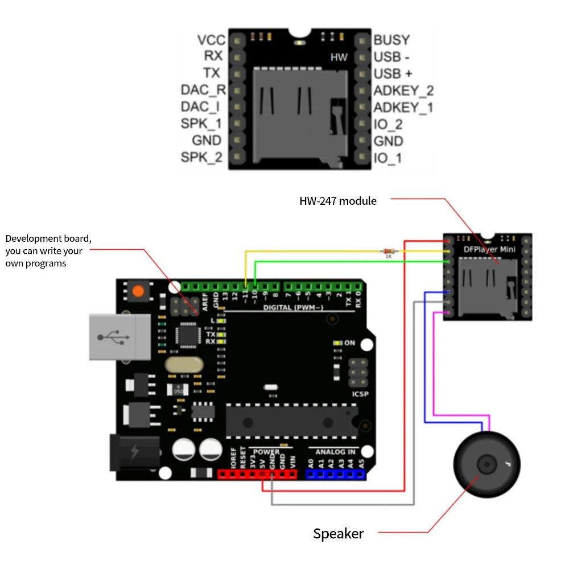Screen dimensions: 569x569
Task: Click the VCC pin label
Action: tap(211, 40)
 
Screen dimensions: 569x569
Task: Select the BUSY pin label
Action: tap(391, 40)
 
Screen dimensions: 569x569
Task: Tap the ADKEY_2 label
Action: tap(403, 90)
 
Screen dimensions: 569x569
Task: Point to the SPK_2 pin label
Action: tap(201, 158)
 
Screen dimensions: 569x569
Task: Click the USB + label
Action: tap(393, 74)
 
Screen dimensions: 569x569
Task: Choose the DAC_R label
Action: tap(203, 90)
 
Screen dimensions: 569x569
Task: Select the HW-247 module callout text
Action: tap(338, 200)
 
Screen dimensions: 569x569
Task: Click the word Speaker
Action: tap(338, 533)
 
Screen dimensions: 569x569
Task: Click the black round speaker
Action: tap(486, 465)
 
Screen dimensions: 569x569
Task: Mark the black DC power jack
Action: tap(134, 452)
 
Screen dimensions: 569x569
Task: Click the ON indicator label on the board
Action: tap(349, 343)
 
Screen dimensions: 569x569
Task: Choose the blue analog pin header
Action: tap(335, 473)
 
